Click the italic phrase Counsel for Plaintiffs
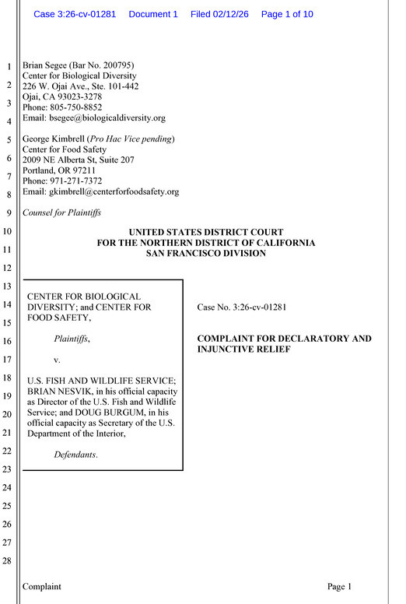61,212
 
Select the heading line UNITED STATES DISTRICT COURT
206,232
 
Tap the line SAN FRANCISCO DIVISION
206,253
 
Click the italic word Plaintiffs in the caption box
71,339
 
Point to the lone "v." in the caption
57,360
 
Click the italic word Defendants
75,455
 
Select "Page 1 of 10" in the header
287,14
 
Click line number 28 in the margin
8,561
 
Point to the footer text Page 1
340,587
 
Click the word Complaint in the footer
42,587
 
